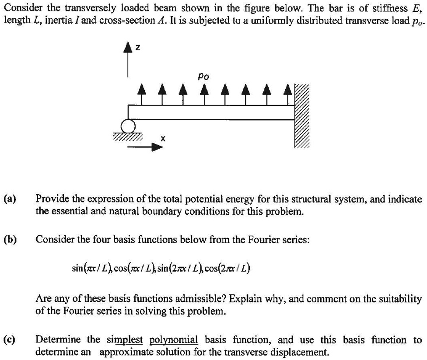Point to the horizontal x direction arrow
click(x=144, y=148)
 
